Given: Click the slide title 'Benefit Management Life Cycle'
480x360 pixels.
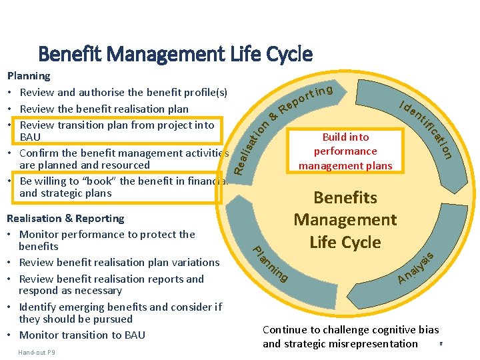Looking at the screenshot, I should click(x=175, y=53).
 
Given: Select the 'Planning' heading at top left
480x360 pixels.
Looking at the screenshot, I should click(x=28, y=76).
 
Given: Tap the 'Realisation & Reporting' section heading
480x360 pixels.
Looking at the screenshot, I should click(x=65, y=218).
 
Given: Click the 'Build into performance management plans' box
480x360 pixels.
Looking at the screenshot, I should click(x=345, y=151).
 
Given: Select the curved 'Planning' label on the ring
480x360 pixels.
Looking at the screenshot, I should click(x=270, y=264).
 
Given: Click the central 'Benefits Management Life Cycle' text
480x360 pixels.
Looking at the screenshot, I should click(x=345, y=220).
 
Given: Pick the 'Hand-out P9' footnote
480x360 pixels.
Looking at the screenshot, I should click(x=37, y=352).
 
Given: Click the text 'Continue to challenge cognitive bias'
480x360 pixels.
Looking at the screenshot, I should click(x=351, y=329).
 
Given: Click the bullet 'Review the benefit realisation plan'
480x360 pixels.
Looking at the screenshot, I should click(x=104, y=109).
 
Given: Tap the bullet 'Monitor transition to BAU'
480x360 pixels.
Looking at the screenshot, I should click(x=82, y=335).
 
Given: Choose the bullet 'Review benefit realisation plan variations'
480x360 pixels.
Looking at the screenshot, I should click(x=119, y=262).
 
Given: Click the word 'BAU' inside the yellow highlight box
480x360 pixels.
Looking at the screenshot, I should click(x=31, y=137).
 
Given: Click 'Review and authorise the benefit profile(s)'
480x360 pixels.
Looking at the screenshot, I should click(x=123, y=92).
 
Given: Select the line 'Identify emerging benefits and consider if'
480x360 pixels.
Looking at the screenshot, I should click(x=120, y=307).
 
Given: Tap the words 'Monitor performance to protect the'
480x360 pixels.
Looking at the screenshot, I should click(x=107, y=234).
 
